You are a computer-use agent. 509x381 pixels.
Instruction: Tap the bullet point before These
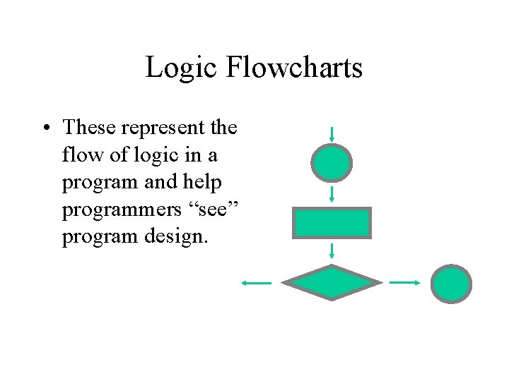(45, 128)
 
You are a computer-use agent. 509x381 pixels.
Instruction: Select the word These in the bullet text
(89, 128)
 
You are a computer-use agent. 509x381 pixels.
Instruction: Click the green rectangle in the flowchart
(332, 223)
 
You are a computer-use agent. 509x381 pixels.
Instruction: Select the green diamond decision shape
(332, 282)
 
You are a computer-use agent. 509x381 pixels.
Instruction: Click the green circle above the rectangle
(331, 164)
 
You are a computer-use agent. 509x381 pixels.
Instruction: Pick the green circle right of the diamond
(451, 284)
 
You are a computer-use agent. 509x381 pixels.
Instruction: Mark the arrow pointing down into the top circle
(332, 134)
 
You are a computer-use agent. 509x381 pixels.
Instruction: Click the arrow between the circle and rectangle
(332, 193)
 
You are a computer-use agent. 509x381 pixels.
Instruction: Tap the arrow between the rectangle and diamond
(332, 251)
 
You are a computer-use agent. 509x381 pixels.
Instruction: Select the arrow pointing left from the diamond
(256, 283)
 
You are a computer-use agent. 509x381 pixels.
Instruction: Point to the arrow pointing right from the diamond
(405, 282)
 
